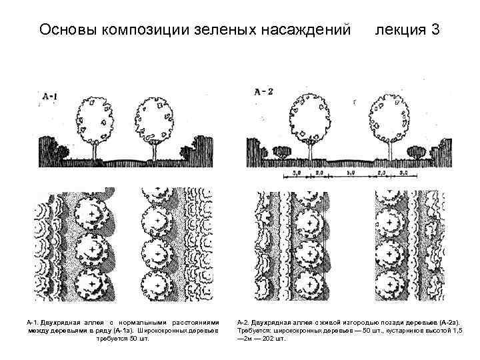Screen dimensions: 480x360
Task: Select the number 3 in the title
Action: tap(435, 30)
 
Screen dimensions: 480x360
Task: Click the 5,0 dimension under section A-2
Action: tap(349, 173)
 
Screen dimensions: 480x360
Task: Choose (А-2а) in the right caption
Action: tap(453, 321)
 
